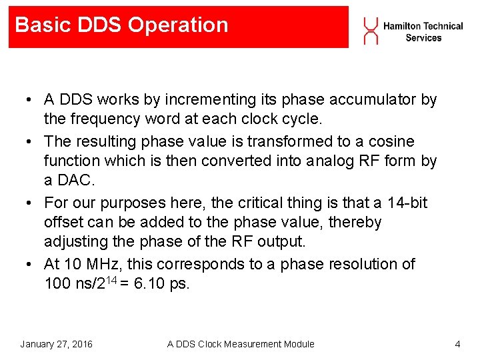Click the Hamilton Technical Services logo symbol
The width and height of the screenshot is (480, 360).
[x=370, y=31]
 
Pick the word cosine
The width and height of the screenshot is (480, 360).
[x=389, y=141]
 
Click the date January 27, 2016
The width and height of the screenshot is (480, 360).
[x=57, y=344]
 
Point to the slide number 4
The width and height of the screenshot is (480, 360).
[x=457, y=344]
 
